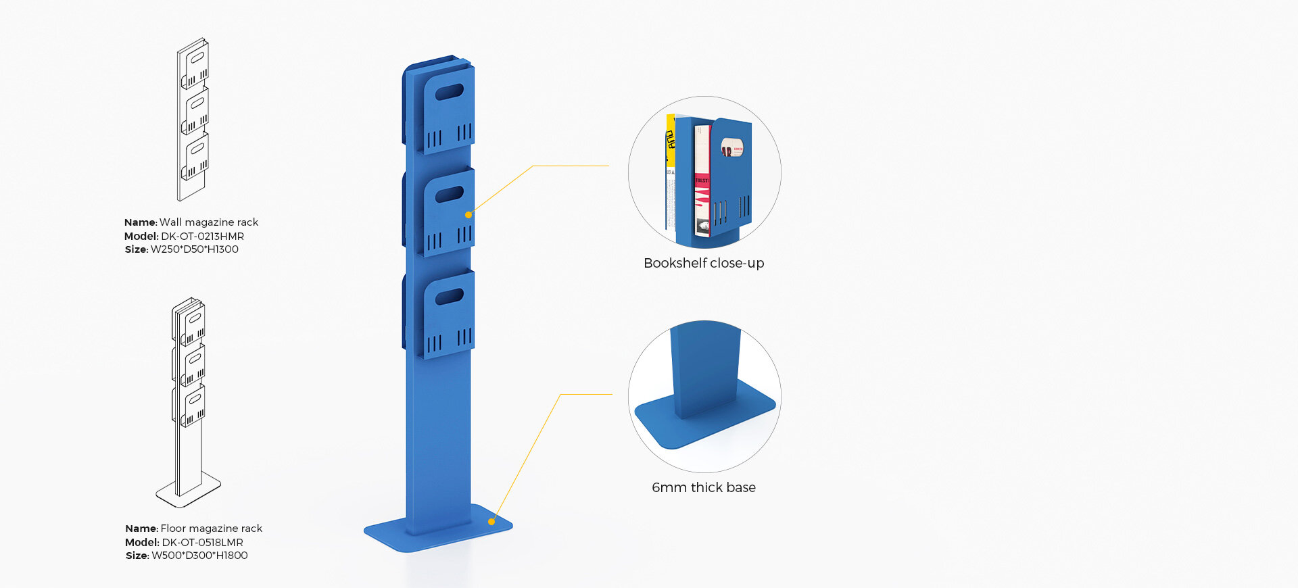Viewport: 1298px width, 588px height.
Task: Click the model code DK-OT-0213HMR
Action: click(202, 236)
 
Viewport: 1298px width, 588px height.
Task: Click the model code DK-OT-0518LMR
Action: click(202, 542)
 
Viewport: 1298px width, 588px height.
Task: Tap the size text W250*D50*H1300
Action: click(195, 249)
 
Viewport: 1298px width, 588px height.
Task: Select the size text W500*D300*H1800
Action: click(199, 556)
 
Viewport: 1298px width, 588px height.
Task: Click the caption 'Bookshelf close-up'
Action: click(704, 263)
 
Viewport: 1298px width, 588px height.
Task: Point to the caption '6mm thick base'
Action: click(704, 487)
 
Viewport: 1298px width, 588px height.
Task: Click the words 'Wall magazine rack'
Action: click(209, 222)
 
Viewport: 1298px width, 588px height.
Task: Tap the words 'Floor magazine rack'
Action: click(212, 529)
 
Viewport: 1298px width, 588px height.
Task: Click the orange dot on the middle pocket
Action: click(468, 215)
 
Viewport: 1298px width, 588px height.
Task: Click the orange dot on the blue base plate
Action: click(491, 522)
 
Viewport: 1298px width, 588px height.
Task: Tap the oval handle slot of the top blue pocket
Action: click(449, 92)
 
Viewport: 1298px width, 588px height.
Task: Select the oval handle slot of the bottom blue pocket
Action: click(449, 297)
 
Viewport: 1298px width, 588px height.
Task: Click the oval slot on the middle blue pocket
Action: click(449, 195)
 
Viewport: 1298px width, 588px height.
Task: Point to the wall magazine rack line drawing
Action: click(193, 119)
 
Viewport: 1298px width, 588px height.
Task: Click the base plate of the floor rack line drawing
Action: click(189, 489)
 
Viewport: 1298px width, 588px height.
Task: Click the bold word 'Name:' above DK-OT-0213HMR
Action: click(141, 222)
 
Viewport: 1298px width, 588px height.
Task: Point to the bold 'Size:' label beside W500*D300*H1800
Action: click(137, 556)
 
